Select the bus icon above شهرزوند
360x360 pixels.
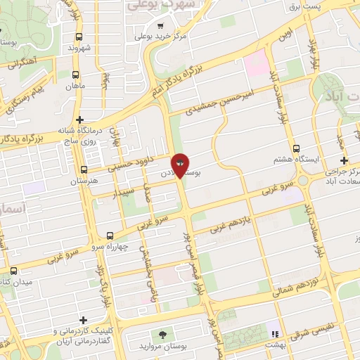tap(79, 37)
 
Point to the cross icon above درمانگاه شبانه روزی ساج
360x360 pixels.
tap(80, 120)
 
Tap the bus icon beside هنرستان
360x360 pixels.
tap(84, 169)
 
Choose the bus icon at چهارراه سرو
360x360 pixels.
tap(109, 236)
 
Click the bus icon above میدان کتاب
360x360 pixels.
tap(13, 271)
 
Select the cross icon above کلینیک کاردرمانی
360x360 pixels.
tap(84, 320)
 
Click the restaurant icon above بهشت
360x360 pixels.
tap(275, 334)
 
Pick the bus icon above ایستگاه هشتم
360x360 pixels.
tap(297, 148)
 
